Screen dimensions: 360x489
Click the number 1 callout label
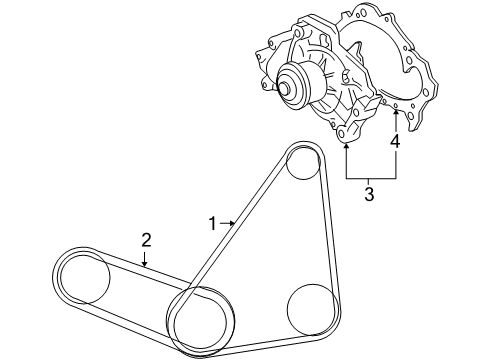(211, 221)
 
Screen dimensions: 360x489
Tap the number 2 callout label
(146, 239)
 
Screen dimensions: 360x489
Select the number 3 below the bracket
(369, 194)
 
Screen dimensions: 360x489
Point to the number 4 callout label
(396, 143)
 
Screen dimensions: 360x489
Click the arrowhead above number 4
(396, 114)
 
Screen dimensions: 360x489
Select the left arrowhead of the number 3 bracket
(346, 146)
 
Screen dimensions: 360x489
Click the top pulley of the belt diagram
(301, 167)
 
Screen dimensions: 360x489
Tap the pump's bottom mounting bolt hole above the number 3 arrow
(345, 133)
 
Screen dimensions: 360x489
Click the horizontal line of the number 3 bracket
(371, 177)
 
